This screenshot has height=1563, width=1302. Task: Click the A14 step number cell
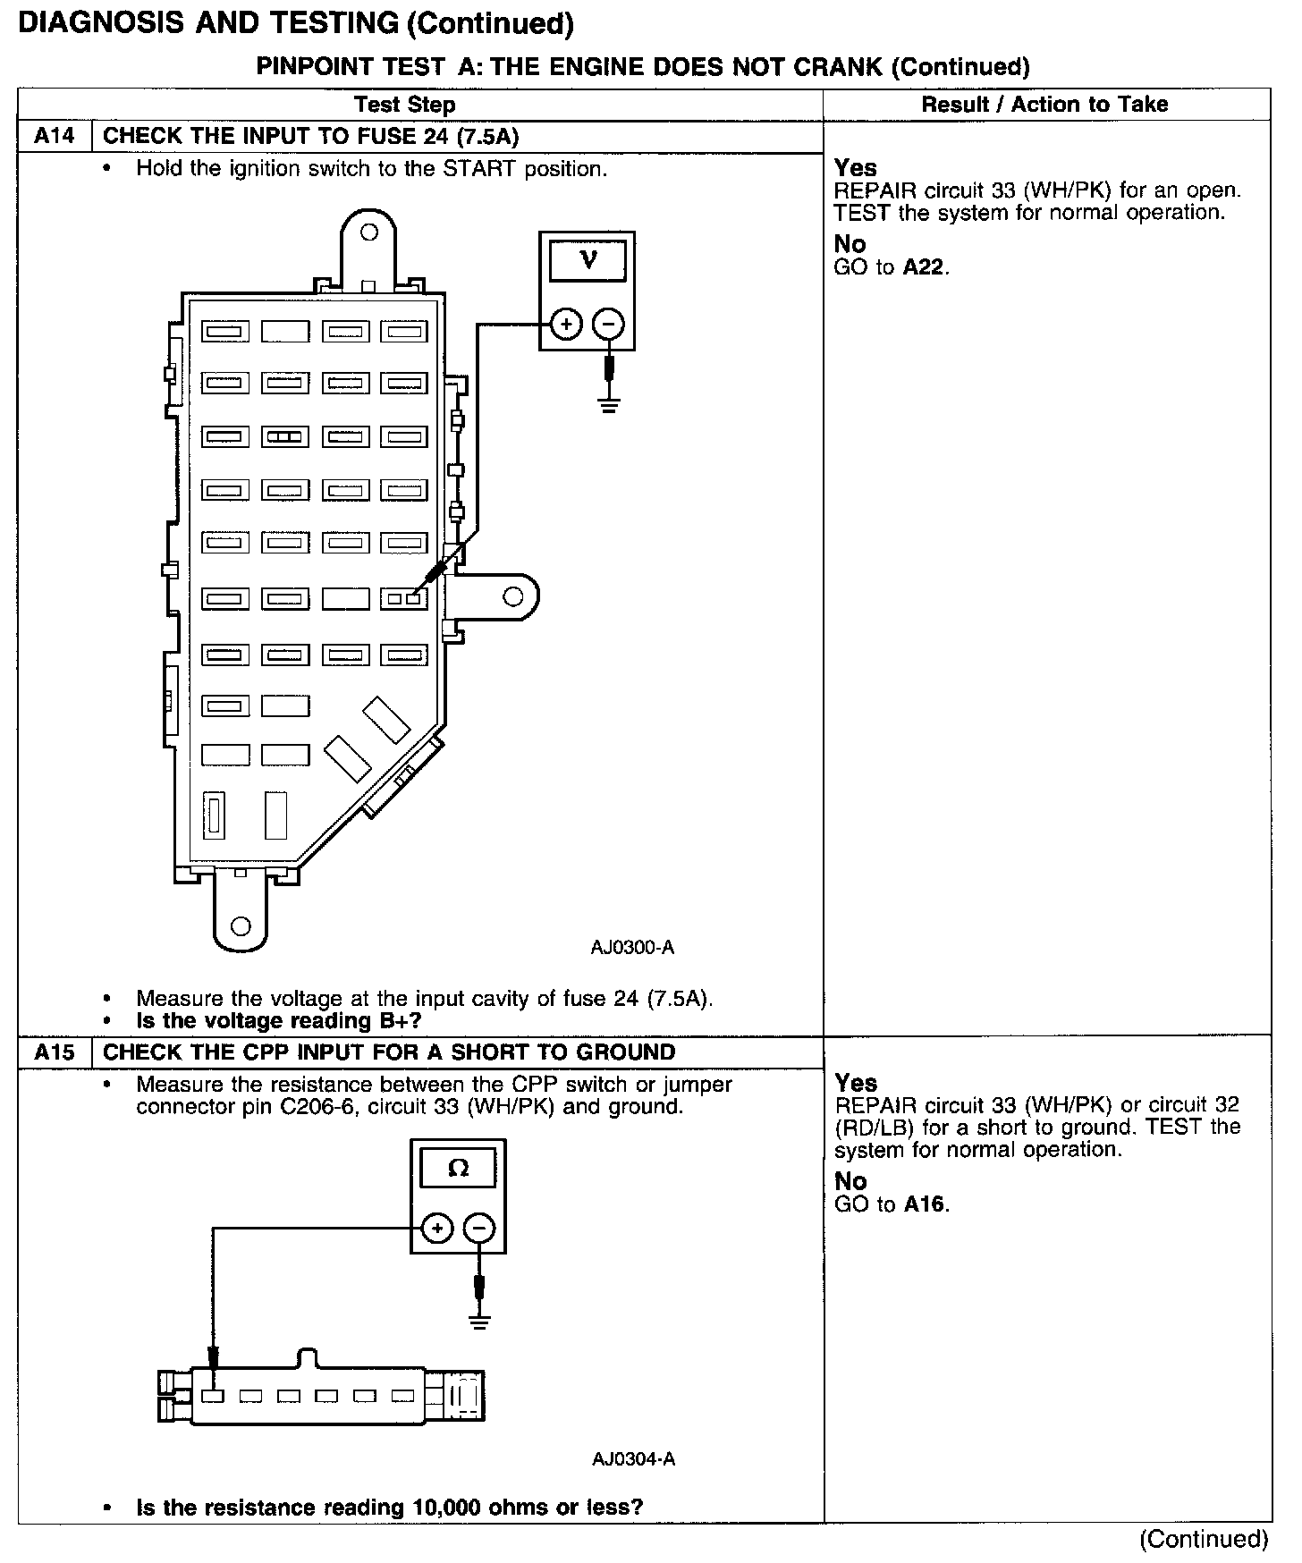tap(55, 137)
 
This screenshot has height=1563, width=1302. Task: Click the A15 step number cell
tap(55, 1052)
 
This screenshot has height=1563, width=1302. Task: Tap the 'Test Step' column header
tap(405, 105)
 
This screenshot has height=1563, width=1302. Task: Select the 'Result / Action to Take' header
tap(1044, 105)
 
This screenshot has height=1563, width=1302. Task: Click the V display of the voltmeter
tap(588, 260)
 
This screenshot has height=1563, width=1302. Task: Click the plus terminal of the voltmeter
tap(566, 324)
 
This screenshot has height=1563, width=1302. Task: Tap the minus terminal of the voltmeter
tap(609, 324)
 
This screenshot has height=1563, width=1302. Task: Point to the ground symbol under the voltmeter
tap(610, 407)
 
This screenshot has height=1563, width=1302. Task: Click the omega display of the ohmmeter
tap(458, 1168)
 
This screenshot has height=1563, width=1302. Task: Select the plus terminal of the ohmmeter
tap(436, 1229)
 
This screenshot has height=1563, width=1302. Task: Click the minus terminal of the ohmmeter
tap(480, 1229)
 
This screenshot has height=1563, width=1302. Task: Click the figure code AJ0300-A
tap(632, 947)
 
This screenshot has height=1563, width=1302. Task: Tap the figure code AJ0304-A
tap(633, 1459)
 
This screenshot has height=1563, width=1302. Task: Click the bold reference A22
tap(924, 267)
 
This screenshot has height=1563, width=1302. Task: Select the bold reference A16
tap(924, 1204)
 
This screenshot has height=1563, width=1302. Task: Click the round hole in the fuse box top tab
tap(368, 232)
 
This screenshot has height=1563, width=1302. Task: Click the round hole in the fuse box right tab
tap(513, 596)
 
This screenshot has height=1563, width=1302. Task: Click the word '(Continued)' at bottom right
tap(1204, 1539)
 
